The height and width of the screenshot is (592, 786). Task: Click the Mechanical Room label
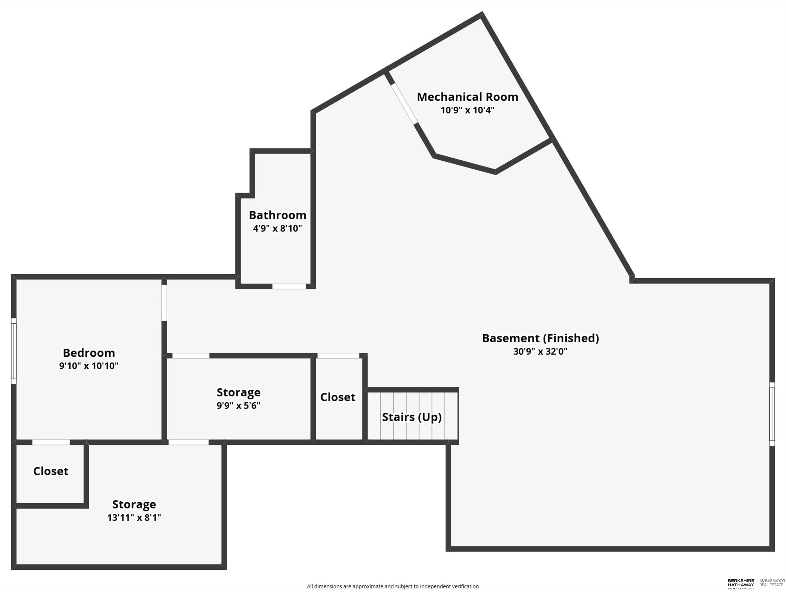point(467,97)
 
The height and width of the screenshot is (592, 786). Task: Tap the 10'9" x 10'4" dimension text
point(467,110)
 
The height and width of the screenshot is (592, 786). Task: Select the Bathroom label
point(277,215)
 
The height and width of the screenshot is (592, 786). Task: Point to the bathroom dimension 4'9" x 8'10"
point(277,228)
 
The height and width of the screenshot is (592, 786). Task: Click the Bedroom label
point(89,353)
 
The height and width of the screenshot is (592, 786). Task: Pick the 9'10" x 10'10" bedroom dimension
point(89,366)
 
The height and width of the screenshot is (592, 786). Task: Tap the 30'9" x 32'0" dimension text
point(540,351)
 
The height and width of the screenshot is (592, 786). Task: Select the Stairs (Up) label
point(412,417)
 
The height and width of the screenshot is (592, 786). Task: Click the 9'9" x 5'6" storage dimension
point(238,405)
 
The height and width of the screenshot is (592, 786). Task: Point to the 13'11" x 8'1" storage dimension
point(134,517)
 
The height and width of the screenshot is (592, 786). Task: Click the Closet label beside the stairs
point(338,397)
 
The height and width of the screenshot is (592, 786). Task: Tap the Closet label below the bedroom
point(51,471)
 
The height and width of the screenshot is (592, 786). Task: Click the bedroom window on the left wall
point(14,351)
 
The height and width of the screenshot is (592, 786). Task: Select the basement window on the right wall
point(772,414)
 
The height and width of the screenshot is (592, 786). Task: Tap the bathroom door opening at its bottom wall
point(289,286)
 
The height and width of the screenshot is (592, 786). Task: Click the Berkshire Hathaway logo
point(741,584)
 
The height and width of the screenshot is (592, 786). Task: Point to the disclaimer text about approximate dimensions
point(393,586)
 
